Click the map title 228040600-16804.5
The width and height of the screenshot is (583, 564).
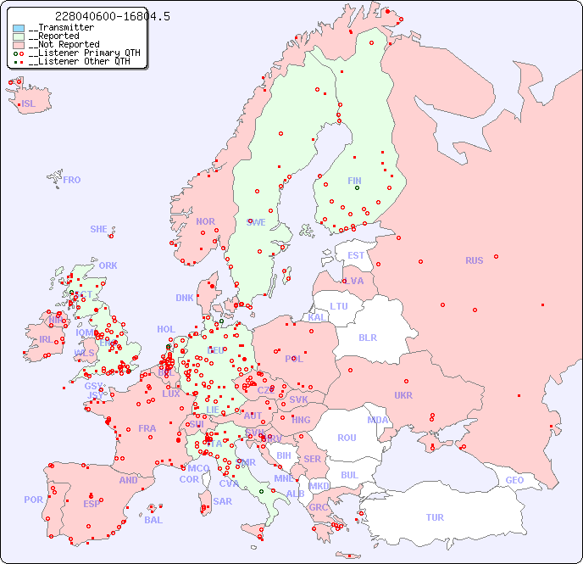tap(112, 16)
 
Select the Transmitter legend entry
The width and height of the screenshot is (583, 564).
tap(60, 28)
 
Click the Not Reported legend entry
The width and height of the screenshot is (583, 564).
tap(64, 45)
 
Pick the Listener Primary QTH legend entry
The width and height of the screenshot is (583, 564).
tap(79, 53)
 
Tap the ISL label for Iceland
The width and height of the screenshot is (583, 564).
tap(29, 104)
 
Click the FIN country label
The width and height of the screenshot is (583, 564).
tap(354, 181)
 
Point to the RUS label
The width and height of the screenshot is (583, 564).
tap(474, 260)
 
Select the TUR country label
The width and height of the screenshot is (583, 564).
tap(435, 517)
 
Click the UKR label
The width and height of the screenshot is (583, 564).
tap(403, 395)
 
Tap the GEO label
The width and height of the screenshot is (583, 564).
tap(514, 480)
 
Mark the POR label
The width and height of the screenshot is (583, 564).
tap(33, 500)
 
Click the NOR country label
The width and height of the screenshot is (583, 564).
tap(205, 221)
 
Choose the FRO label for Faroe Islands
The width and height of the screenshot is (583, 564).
tap(72, 180)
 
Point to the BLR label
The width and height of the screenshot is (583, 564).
tap(368, 337)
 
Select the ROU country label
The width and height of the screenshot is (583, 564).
tap(347, 438)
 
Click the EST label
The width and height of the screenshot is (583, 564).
tap(356, 255)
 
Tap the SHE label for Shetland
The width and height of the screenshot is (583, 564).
tap(99, 229)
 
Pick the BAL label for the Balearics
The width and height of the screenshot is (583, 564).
tap(153, 520)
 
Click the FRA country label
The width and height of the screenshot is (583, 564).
tap(147, 428)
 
